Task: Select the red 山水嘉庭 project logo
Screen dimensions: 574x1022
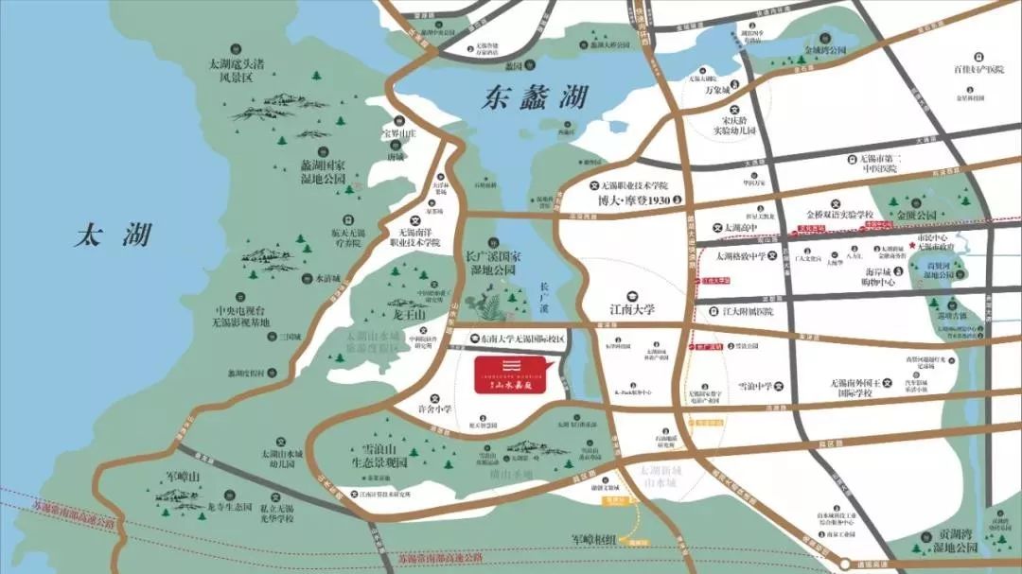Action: tap(511, 375)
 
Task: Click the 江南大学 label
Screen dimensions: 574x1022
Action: tap(632, 309)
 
